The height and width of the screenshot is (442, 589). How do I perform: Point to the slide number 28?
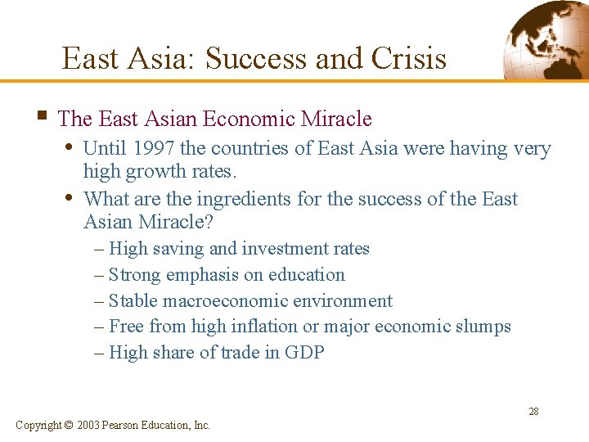533,412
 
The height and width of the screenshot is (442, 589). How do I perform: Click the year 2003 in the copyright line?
88,425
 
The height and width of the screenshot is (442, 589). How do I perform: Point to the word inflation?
259,327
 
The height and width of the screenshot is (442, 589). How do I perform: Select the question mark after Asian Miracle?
218,223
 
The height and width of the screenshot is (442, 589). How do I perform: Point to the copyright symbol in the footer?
69,425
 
